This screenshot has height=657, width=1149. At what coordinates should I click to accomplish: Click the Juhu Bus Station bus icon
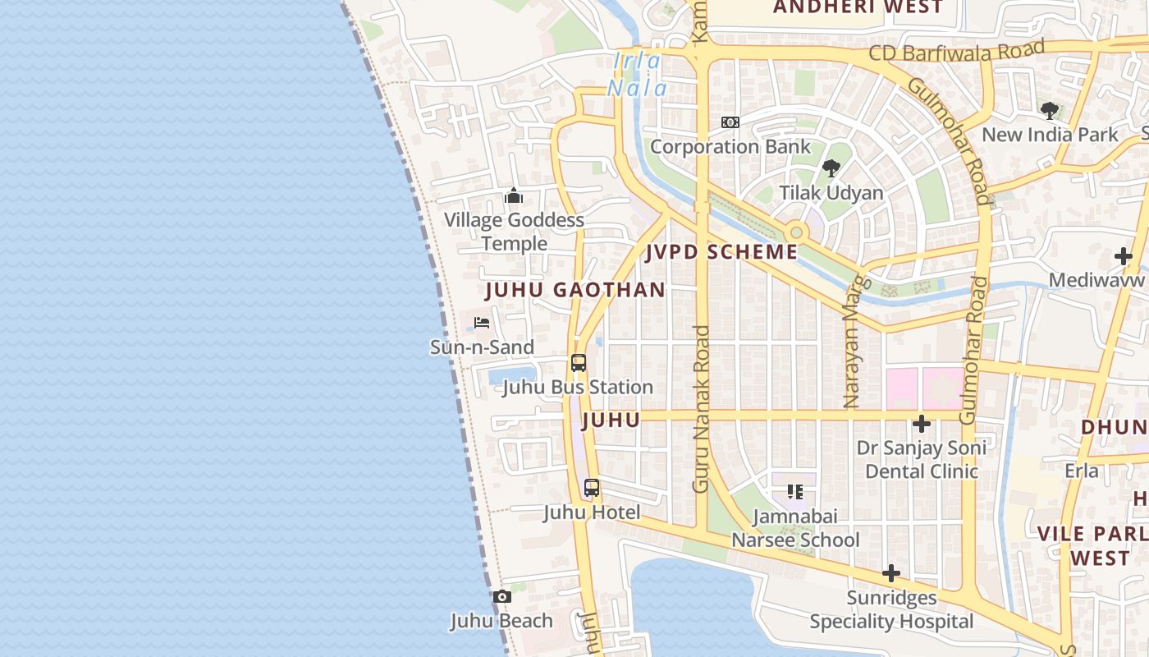click(x=579, y=363)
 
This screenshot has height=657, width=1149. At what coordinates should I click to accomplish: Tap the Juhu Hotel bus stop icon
click(x=592, y=488)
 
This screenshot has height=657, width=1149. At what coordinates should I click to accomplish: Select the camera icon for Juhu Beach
click(x=502, y=597)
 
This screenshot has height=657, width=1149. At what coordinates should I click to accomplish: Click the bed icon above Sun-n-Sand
click(x=482, y=323)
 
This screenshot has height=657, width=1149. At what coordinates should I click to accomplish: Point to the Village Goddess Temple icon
click(x=514, y=195)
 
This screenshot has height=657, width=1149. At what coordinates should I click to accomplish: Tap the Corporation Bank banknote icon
click(x=730, y=122)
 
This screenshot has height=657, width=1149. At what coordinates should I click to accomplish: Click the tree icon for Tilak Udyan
click(x=831, y=168)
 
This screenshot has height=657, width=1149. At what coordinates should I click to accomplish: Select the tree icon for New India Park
click(x=1049, y=110)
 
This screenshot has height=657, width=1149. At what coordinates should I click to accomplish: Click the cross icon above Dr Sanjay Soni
click(x=922, y=424)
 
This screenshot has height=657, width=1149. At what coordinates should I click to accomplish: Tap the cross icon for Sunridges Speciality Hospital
click(x=891, y=573)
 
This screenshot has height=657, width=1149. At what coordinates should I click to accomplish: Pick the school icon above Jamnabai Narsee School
click(x=794, y=492)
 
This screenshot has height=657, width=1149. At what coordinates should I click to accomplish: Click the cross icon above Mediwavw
click(x=1124, y=256)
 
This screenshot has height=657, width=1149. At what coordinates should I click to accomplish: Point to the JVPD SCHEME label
click(x=721, y=252)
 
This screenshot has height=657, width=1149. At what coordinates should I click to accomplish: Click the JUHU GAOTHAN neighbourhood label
click(x=575, y=290)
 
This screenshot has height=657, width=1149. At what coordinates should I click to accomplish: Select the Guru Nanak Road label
click(x=701, y=409)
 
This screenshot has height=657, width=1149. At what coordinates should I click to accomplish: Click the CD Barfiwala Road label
click(x=957, y=52)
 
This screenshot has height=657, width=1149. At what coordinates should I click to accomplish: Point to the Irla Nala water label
click(x=638, y=74)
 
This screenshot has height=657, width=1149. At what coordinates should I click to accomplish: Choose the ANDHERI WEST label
click(x=858, y=7)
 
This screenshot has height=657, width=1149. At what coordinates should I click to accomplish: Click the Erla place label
click(x=1082, y=471)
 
